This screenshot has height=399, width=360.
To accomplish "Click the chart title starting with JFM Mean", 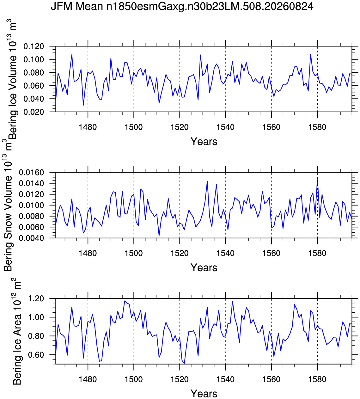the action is pos(182,7).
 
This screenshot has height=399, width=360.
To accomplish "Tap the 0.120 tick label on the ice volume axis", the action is pos(34,46).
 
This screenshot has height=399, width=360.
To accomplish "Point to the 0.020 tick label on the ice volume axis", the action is pos(34,112).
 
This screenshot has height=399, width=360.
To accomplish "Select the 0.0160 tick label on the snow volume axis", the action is pos(31,172).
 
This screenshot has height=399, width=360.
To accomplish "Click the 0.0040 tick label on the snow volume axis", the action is pos(31,238).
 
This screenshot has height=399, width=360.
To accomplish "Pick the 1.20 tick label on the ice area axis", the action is pos(36,298).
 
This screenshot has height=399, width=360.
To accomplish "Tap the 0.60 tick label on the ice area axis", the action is pos(36,355).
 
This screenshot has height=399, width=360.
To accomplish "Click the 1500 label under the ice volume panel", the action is pos(134,127).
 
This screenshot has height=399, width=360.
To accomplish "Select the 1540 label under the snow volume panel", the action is pos(226,253).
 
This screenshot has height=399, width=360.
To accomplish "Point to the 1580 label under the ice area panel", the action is pos(317,379).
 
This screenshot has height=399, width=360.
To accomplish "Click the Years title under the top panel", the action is pos(204,141).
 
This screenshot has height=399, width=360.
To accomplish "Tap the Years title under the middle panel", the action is pos(204,267).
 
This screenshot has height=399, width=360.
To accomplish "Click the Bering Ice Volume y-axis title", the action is pos(12,80).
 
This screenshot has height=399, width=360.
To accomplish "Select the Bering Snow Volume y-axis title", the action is pos(8,205).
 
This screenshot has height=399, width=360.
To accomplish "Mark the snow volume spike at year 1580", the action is pos(317,178).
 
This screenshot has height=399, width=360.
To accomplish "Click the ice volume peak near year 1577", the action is pos(310,54).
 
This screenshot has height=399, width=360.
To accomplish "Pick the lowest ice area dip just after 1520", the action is pos(184,364).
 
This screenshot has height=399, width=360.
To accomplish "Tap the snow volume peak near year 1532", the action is pos(207,181).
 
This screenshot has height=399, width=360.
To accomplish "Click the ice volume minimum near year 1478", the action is pos(83,105).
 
